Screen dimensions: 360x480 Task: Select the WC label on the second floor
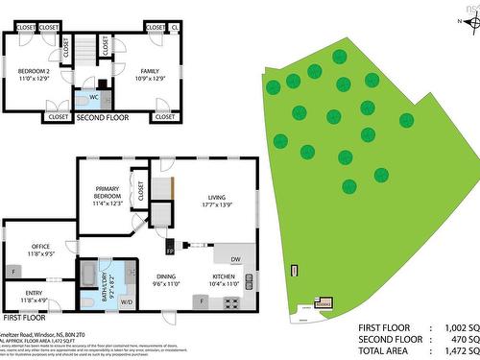(94, 96)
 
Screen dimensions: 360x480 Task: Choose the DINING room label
(167, 279)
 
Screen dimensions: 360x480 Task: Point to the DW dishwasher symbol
(236, 259)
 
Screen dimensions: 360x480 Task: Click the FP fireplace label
(170, 251)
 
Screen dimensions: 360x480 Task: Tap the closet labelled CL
(175, 29)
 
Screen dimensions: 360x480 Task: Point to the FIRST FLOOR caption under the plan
(24, 316)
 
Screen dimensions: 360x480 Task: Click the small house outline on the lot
(324, 303)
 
